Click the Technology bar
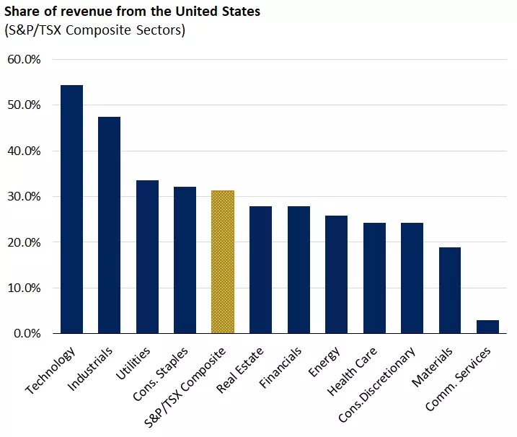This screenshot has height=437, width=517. [71, 209]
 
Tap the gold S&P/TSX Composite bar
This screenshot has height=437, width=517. [223, 262]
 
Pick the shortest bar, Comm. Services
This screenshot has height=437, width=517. [487, 327]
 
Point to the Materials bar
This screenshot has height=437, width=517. [450, 290]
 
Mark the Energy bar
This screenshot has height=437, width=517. [336, 274]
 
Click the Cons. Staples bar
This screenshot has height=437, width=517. [185, 260]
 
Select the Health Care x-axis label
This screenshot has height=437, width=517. [351, 370]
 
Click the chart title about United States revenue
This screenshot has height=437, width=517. [133, 12]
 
